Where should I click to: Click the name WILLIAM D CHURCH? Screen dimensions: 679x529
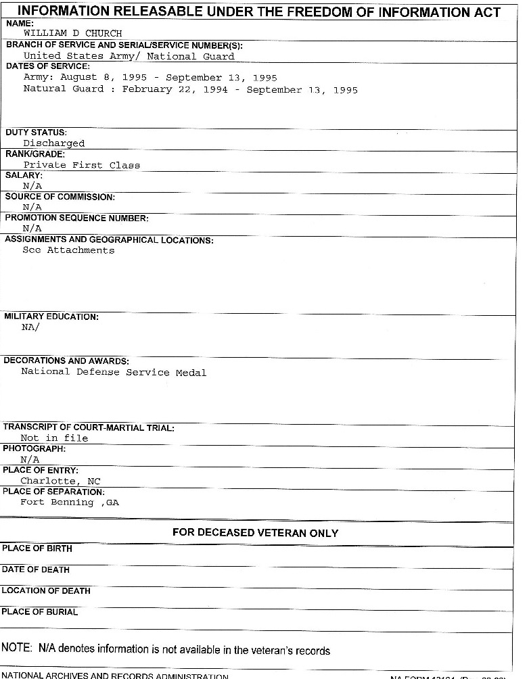72,33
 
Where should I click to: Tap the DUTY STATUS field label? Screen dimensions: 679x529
36,133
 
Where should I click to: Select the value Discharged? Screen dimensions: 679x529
54,143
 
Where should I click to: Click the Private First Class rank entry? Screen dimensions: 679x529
81,165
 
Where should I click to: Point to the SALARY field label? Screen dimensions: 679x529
24,175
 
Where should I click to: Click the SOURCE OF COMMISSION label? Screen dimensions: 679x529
60,197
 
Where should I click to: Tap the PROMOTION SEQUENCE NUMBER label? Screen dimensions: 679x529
76,218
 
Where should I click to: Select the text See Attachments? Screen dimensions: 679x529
68,250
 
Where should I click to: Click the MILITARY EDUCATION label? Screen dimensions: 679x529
51,317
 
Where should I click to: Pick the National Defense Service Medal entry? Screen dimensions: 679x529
114,372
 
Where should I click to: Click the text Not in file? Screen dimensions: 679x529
54,438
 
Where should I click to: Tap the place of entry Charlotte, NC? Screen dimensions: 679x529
60,482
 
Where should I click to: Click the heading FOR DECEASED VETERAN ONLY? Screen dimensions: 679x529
255,533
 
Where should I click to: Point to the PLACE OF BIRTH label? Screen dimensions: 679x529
37,548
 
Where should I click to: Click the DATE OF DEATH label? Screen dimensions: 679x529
36,569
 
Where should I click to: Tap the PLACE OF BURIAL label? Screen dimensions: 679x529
40,612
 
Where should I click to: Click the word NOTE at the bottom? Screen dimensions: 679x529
16,648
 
